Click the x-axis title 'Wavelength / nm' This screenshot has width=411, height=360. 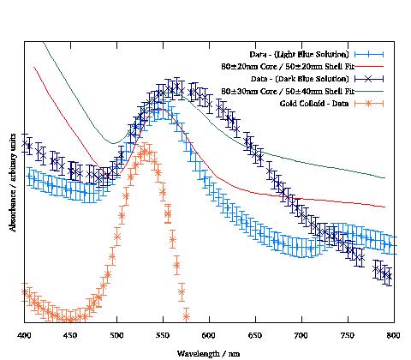(209, 352)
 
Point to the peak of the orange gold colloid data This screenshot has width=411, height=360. (146, 152)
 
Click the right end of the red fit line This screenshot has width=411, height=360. (385, 207)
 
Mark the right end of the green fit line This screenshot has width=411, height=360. (385, 177)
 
